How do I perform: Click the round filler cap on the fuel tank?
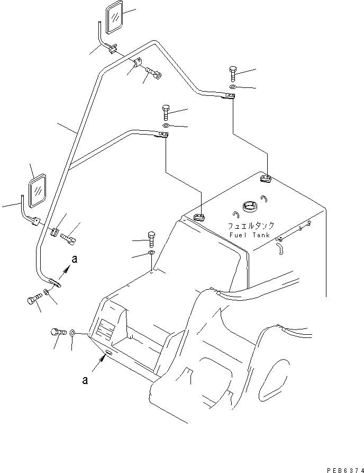click(x=248, y=206)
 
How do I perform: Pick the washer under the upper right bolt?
click(x=233, y=86)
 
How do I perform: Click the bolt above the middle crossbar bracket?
click(x=165, y=112)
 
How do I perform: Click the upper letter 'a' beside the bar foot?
click(x=74, y=260)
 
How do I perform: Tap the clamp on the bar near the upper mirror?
click(x=138, y=64)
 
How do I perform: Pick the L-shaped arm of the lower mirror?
click(x=26, y=212)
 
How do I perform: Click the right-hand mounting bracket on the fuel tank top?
click(x=266, y=179)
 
